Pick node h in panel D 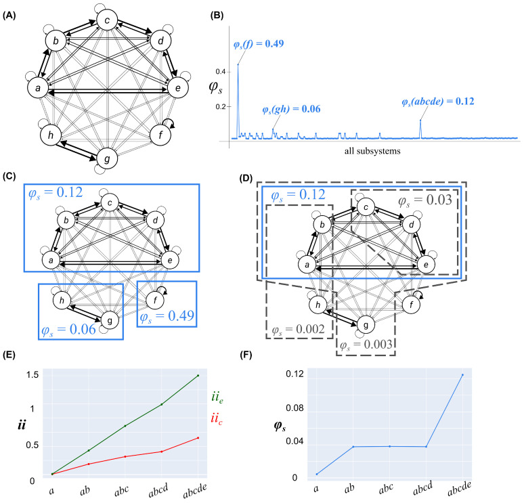[x=319, y=305]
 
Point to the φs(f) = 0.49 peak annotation [x=264, y=45]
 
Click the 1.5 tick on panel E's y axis [x=33, y=375]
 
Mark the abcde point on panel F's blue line [x=462, y=375]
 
